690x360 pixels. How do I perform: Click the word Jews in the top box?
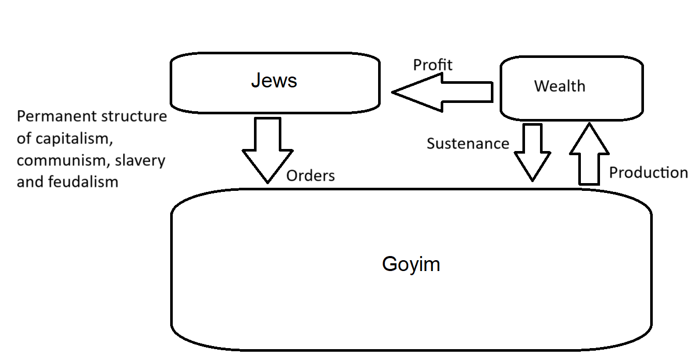point(274,80)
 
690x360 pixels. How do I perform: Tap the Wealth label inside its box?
point(560,86)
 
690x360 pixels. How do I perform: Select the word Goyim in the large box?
point(411,265)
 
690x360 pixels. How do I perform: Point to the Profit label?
point(432,65)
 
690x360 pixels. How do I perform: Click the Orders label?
point(310,175)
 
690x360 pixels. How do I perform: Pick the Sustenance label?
point(468,143)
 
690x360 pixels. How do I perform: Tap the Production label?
point(649,172)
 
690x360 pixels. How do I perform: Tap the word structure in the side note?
point(134,116)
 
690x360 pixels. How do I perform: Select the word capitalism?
point(74,139)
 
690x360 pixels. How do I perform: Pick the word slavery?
point(140,161)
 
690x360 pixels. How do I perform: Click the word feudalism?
point(83,182)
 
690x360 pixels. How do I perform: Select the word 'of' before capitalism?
point(24,138)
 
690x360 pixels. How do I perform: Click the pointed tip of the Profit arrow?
point(392,92)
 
